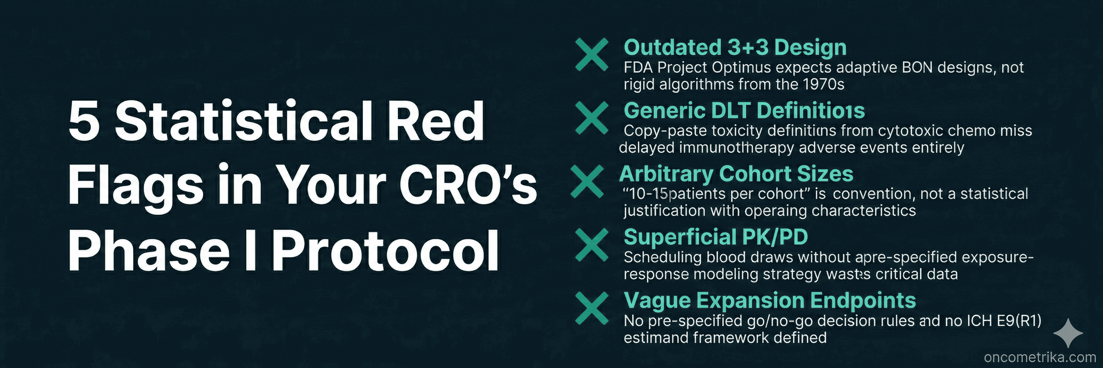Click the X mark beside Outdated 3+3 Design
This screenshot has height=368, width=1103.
click(x=591, y=54)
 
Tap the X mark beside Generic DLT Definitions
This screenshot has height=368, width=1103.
click(x=591, y=117)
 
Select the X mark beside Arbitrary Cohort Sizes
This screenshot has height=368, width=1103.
click(x=587, y=181)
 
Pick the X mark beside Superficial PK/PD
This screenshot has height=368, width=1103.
click(x=591, y=245)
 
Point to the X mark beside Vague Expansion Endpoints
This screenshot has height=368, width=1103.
click(x=591, y=308)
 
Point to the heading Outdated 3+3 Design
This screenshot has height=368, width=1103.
click(x=735, y=47)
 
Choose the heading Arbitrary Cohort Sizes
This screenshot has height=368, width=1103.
click(x=736, y=174)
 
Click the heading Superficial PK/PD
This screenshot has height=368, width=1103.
click(x=715, y=237)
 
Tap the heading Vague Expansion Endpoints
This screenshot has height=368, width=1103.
click(x=769, y=300)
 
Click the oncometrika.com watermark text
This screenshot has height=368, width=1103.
click(x=1040, y=357)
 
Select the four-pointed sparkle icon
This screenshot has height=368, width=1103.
click(x=1068, y=333)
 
